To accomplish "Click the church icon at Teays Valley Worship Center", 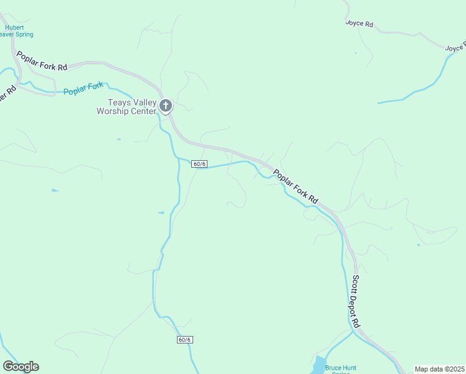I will tap(166, 105).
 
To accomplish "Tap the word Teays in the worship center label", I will tap(119, 103).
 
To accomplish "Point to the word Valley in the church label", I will tap(143, 103).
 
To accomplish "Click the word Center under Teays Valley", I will tap(143, 112).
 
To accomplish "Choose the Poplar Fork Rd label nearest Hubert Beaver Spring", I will tap(42, 61).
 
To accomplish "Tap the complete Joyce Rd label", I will tap(359, 24).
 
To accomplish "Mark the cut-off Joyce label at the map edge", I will tap(455, 48).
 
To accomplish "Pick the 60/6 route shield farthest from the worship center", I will tap(185, 340).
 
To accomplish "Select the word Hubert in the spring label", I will tap(14, 27).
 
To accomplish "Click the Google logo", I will tap(21, 367).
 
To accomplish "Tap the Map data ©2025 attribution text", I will tap(439, 369).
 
